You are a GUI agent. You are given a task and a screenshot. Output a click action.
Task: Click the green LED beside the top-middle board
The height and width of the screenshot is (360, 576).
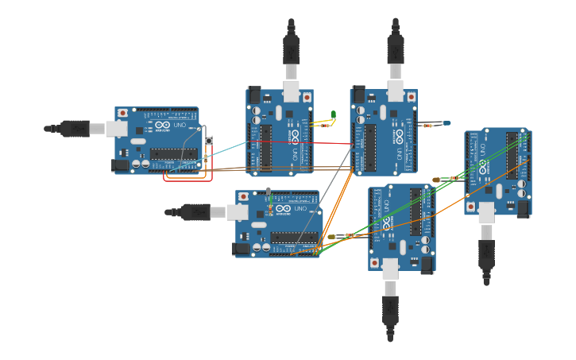click(333, 115)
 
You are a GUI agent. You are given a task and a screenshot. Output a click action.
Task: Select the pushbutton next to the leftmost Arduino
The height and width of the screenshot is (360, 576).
click(209, 141)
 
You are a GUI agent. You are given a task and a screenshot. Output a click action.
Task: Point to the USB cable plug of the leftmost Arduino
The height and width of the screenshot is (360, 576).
click(76, 128)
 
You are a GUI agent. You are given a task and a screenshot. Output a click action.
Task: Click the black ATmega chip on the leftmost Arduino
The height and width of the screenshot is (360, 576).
click(173, 153)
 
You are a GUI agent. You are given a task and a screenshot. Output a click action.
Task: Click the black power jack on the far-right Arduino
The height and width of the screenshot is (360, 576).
click(522, 208)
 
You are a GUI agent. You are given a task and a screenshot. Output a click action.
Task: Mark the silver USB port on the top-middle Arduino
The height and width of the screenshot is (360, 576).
click(291, 92)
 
